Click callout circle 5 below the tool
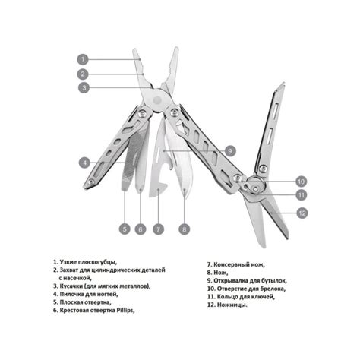pos(124,228)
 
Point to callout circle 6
pos(141,228)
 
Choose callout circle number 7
pos(157,228)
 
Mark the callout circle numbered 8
pos(184,228)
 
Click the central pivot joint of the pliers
pos(158,100)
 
